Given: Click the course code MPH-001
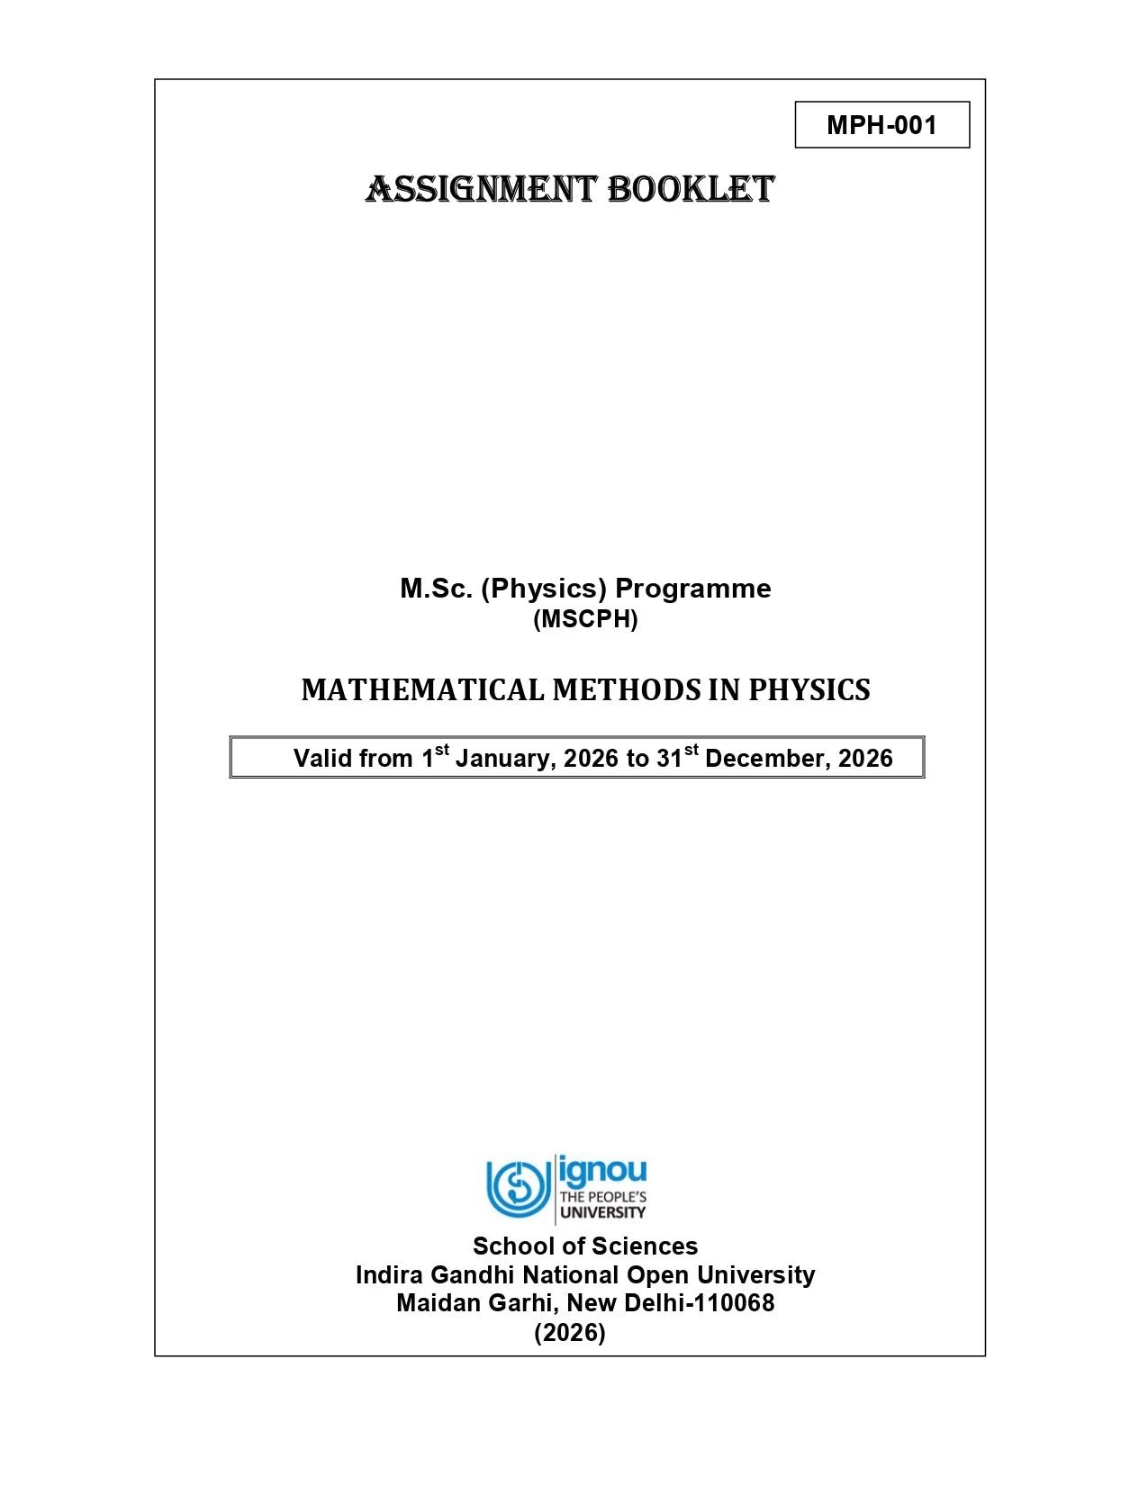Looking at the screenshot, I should pos(881,125).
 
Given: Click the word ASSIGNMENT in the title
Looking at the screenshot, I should pos(481,190).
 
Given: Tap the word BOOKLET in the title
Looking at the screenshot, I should pos(691,190).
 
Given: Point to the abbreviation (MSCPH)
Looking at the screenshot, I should pos(585,619).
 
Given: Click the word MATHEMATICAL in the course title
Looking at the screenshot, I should pos(422,690).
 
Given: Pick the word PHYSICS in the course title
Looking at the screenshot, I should pos(809,690).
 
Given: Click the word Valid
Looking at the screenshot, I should pos(322,759).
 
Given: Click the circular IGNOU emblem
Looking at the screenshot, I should pos(518,1188).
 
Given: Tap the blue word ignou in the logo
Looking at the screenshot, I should pos(602,1171).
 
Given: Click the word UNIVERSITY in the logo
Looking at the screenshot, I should pos(602,1212).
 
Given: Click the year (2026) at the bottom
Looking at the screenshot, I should pos(570,1332).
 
